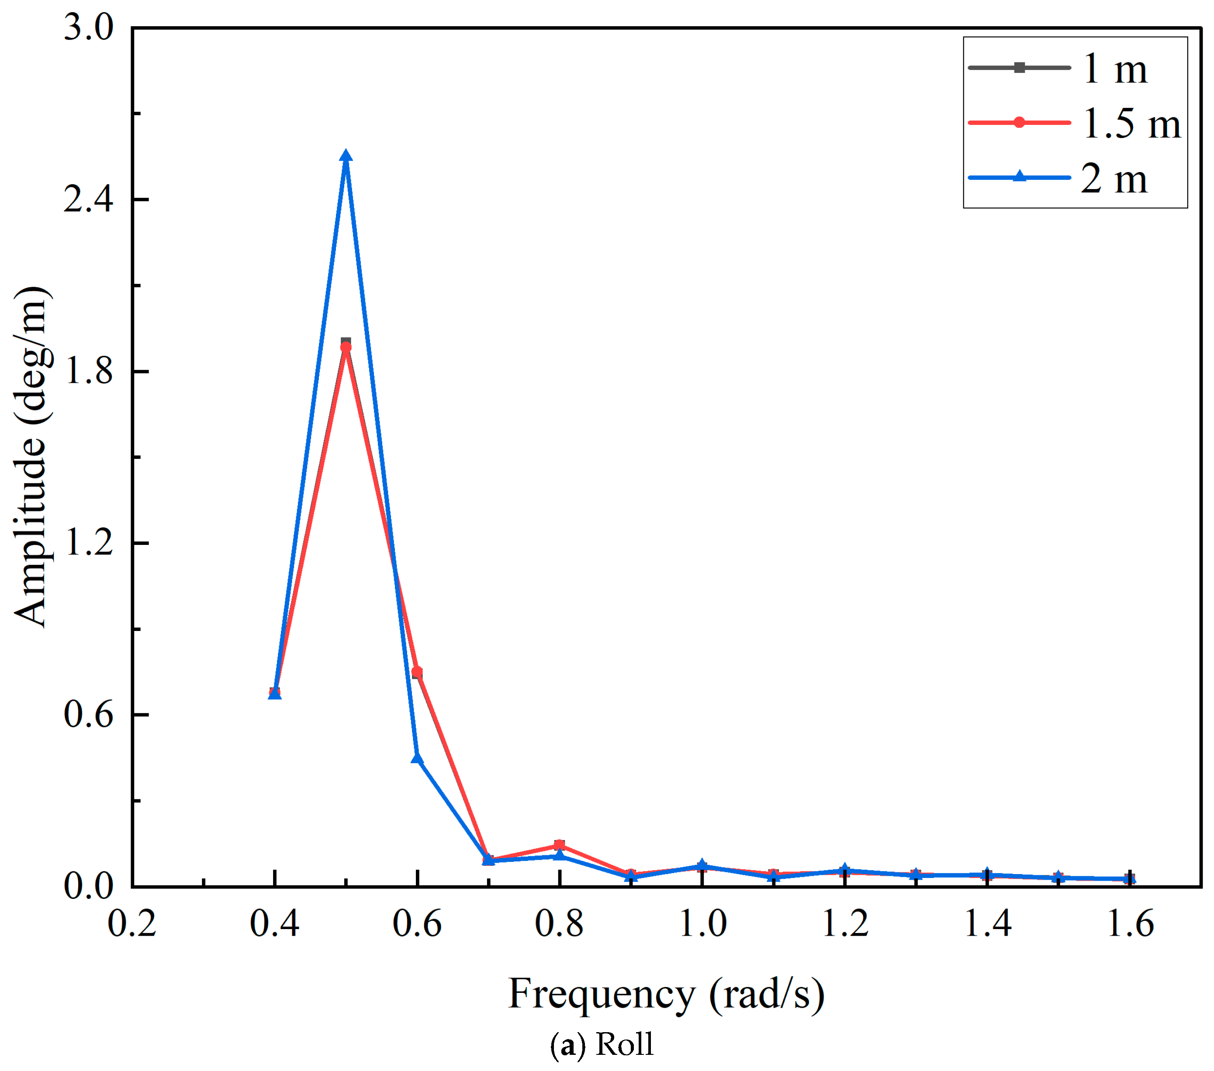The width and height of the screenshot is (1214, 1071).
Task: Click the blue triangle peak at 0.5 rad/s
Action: pyautogui.click(x=346, y=157)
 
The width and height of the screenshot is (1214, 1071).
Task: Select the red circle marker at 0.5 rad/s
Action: pyautogui.click(x=346, y=347)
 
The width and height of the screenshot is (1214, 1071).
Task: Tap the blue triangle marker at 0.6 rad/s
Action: pyautogui.click(x=417, y=758)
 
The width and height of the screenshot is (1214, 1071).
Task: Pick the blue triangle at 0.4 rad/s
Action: pyautogui.click(x=274, y=693)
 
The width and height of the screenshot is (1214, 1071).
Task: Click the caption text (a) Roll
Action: pyautogui.click(x=601, y=1044)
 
